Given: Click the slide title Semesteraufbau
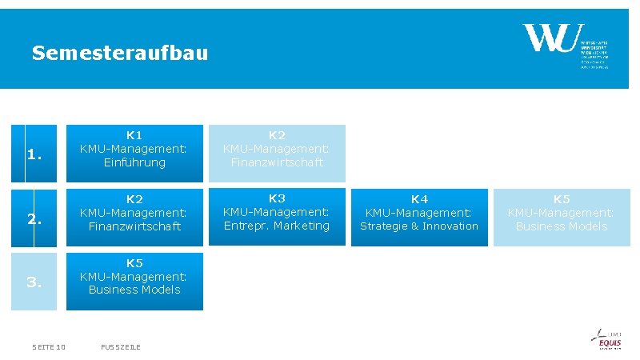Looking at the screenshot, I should pyautogui.click(x=119, y=54).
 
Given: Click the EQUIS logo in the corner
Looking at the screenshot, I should pyautogui.click(x=610, y=340).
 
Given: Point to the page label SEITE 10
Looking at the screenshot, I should pyautogui.click(x=49, y=346).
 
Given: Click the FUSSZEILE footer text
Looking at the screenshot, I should pyautogui.click(x=121, y=346).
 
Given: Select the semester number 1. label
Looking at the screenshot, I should pyautogui.click(x=34, y=155).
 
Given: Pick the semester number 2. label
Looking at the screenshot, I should pyautogui.click(x=34, y=218).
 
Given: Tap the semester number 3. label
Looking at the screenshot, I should pyautogui.click(x=34, y=282).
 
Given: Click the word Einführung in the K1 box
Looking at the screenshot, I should pyautogui.click(x=134, y=162).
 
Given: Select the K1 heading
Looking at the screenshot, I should pyautogui.click(x=134, y=134).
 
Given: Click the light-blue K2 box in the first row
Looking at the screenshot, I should pyautogui.click(x=277, y=152).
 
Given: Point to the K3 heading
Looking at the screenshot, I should pyautogui.click(x=277, y=198).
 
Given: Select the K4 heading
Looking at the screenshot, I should pyautogui.click(x=419, y=199).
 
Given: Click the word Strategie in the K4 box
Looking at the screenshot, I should pyautogui.click(x=384, y=226).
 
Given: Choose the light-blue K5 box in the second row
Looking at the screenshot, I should pyautogui.click(x=562, y=217).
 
